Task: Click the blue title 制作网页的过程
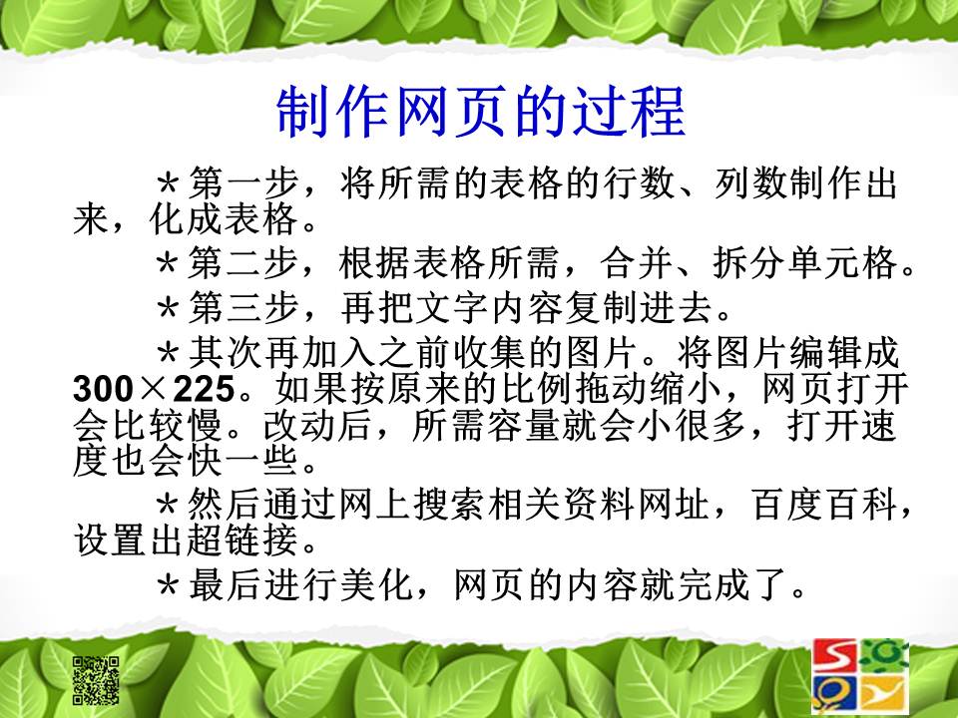pos(480,112)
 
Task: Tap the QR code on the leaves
pos(96,680)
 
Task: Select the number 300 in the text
pos(103,388)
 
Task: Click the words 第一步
pos(243,182)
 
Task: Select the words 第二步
pos(243,262)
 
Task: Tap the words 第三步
pos(243,307)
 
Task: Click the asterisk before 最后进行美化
pos(168,586)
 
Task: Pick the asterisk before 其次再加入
pos(168,353)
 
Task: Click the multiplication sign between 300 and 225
pos(154,389)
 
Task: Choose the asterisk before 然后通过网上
pos(168,506)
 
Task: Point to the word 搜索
pos(450,505)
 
